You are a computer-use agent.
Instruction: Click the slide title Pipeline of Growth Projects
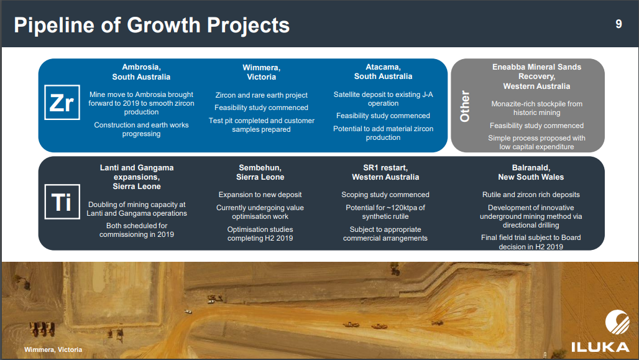[152, 25]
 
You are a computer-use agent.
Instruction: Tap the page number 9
[618, 24]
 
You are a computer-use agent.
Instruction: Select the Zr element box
[62, 103]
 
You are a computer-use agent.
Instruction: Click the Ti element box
[62, 201]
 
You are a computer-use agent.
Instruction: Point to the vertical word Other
[464, 106]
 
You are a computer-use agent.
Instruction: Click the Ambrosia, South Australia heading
[141, 72]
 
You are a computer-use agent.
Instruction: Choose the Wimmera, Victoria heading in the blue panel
[261, 72]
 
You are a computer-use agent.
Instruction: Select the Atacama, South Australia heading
[383, 72]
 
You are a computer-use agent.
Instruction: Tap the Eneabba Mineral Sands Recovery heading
[536, 76]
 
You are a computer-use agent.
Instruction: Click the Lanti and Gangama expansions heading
[137, 177]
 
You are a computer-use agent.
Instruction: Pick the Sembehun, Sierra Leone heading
[260, 172]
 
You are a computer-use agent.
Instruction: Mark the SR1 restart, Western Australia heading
[385, 172]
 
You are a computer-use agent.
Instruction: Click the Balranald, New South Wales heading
[531, 172]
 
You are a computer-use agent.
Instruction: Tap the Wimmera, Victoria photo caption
[53, 349]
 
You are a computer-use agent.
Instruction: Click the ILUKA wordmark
[600, 347]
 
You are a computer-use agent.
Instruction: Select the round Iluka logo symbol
[617, 321]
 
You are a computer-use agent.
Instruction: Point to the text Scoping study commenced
[385, 195]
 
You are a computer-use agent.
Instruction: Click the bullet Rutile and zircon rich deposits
[531, 195]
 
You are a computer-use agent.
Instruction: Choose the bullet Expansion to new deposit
[260, 195]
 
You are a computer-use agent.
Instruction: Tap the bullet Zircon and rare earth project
[261, 95]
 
